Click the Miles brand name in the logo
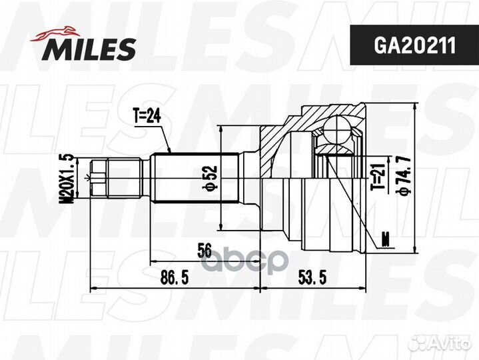tap(90, 48)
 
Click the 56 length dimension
tap(205, 251)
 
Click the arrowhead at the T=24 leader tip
tap(171, 152)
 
